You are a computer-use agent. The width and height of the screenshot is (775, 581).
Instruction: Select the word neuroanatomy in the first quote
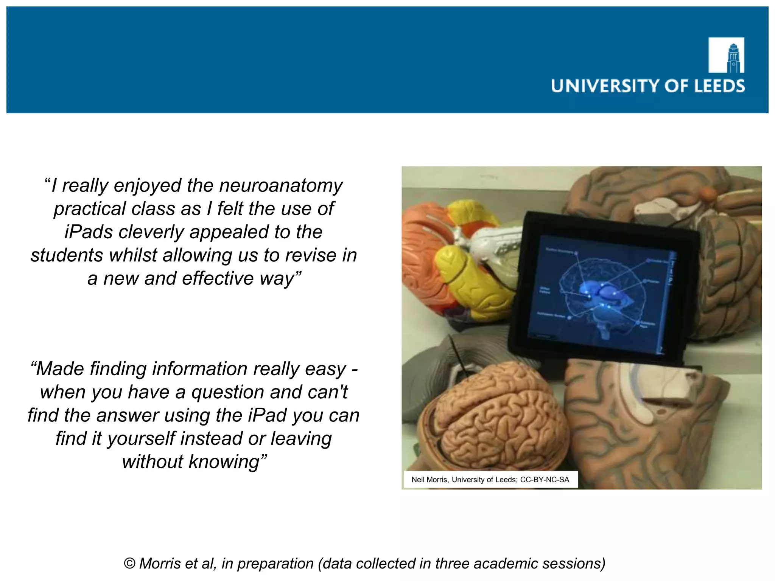click(x=281, y=185)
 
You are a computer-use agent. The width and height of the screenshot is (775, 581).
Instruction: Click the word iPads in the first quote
click(x=88, y=232)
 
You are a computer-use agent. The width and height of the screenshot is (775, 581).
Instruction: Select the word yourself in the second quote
click(x=142, y=439)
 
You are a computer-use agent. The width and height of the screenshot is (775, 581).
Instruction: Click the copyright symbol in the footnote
click(x=130, y=564)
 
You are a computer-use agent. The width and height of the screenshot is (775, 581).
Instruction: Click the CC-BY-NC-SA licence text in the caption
click(x=545, y=480)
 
